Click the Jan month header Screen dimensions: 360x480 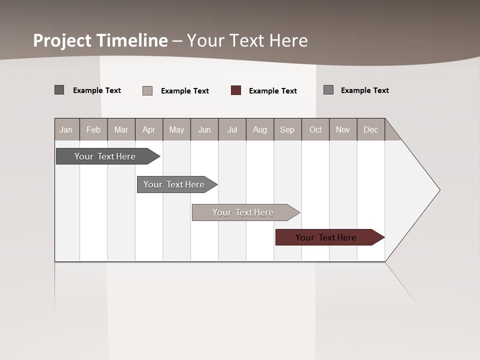point(66,129)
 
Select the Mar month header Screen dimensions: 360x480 point(121,129)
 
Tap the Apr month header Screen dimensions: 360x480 point(148,129)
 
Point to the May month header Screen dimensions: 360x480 point(176,129)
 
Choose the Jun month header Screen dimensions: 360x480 point(204,129)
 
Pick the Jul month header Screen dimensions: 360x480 point(232,129)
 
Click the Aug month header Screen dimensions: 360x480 point(260,129)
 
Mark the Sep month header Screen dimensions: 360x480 point(287,129)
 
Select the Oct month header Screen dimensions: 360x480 point(315,129)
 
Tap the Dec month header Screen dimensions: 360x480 point(370,129)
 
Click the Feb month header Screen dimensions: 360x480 point(93,129)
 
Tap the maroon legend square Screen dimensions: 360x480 point(236,90)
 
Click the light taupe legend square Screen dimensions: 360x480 point(147,90)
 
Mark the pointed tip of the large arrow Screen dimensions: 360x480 point(439,190)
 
